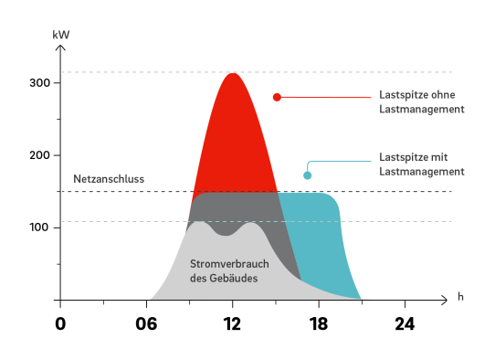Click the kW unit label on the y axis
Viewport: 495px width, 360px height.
click(61, 36)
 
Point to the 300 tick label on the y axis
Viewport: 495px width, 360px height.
click(39, 83)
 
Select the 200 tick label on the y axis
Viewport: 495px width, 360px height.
click(39, 155)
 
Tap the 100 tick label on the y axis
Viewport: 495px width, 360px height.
click(39, 227)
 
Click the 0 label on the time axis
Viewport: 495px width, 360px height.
click(60, 324)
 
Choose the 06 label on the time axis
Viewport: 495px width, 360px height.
click(146, 324)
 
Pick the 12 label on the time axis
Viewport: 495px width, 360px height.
click(233, 324)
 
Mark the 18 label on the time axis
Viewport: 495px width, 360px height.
click(319, 324)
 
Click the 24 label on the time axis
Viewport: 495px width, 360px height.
click(405, 324)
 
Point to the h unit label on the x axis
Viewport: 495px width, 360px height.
click(461, 298)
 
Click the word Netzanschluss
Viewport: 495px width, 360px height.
click(109, 180)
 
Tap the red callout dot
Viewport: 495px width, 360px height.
click(277, 97)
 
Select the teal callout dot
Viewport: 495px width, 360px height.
click(308, 175)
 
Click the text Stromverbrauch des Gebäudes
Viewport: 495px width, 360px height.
click(223, 270)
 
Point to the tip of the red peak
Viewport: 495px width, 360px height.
click(233, 73)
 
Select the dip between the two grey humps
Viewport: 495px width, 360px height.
click(224, 235)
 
